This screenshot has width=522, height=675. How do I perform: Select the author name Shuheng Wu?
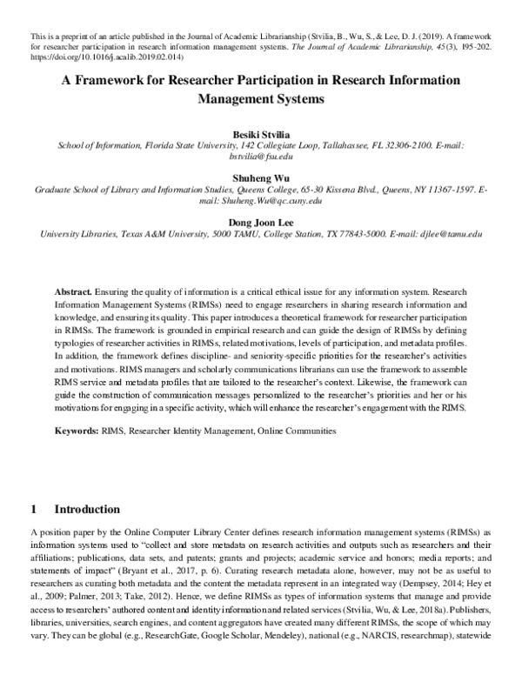tap(261, 177)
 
